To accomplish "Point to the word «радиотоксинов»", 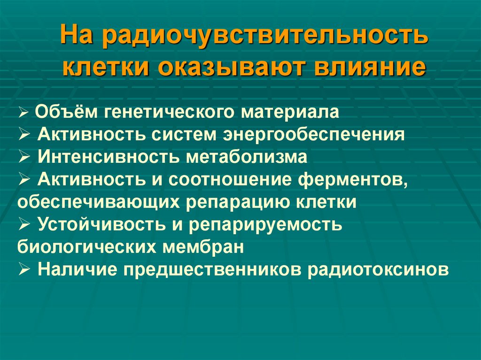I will pos(375,269).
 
